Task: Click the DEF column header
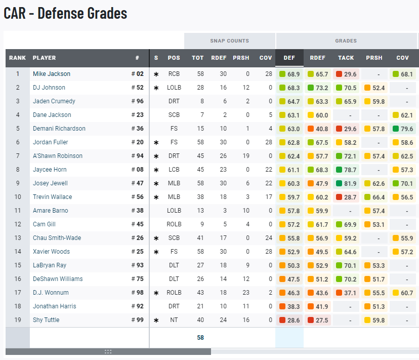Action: click(x=289, y=58)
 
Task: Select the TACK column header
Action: click(x=346, y=58)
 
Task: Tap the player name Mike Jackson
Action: click(x=52, y=74)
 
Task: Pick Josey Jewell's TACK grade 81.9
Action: click(x=347, y=183)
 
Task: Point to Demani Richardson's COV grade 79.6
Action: click(x=403, y=129)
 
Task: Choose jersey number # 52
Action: click(x=138, y=88)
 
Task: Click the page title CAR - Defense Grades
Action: click(x=65, y=13)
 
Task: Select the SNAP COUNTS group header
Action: click(x=230, y=41)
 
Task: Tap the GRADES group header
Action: click(x=346, y=41)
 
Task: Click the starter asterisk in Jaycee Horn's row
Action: click(x=156, y=170)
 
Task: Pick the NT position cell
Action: click(x=174, y=320)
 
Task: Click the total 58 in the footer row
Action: click(x=200, y=338)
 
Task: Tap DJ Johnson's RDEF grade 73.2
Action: click(x=318, y=88)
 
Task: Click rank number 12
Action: click(x=17, y=224)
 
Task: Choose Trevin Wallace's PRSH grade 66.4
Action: click(x=374, y=197)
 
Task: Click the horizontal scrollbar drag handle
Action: click(x=108, y=351)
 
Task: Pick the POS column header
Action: click(x=174, y=58)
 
